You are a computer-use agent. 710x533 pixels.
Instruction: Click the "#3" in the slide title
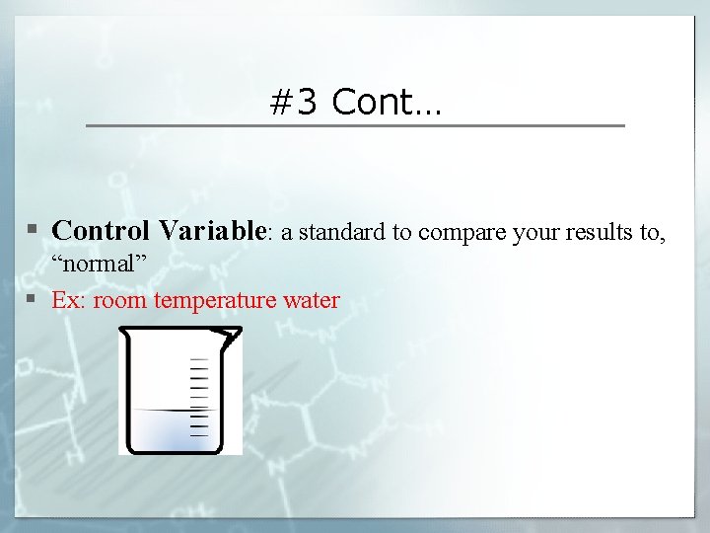click(x=293, y=102)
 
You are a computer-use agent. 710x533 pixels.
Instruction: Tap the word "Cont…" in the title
click(x=388, y=102)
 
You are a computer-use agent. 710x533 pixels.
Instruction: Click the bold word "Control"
click(x=101, y=231)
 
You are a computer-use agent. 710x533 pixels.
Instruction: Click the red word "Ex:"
click(x=69, y=300)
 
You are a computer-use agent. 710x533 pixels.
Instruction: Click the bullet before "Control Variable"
click(x=33, y=231)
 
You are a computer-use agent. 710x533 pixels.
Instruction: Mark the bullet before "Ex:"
click(x=33, y=299)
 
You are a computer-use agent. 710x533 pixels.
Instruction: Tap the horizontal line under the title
click(x=355, y=125)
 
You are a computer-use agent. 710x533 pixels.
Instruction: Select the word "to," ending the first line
click(x=654, y=233)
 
